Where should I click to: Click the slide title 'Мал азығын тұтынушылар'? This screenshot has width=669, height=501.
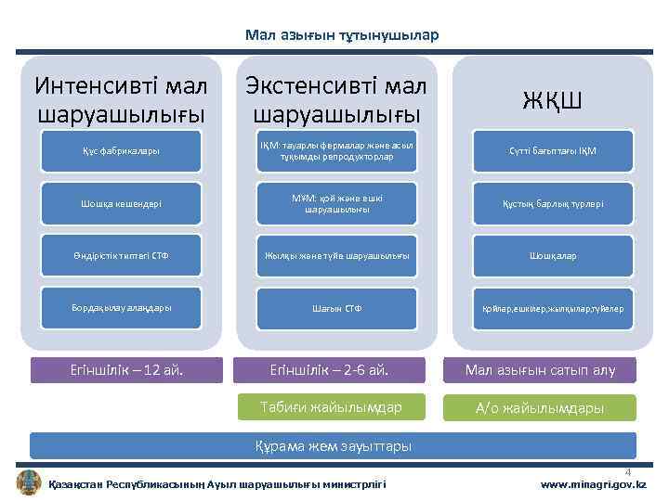[x=341, y=35]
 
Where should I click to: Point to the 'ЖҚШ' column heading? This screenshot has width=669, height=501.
[x=552, y=99]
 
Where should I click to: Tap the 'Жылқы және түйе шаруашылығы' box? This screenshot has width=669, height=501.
[x=335, y=255]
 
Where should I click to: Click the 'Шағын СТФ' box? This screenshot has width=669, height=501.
[x=335, y=307]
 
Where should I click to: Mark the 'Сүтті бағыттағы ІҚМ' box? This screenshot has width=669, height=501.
[x=552, y=151]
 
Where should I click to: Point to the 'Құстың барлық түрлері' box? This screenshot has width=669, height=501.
[x=552, y=203]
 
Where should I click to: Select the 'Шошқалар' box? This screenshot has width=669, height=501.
[x=552, y=255]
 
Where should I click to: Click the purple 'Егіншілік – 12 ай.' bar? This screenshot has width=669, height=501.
[x=127, y=370]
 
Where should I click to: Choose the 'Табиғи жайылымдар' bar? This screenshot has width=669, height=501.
[x=332, y=406]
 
